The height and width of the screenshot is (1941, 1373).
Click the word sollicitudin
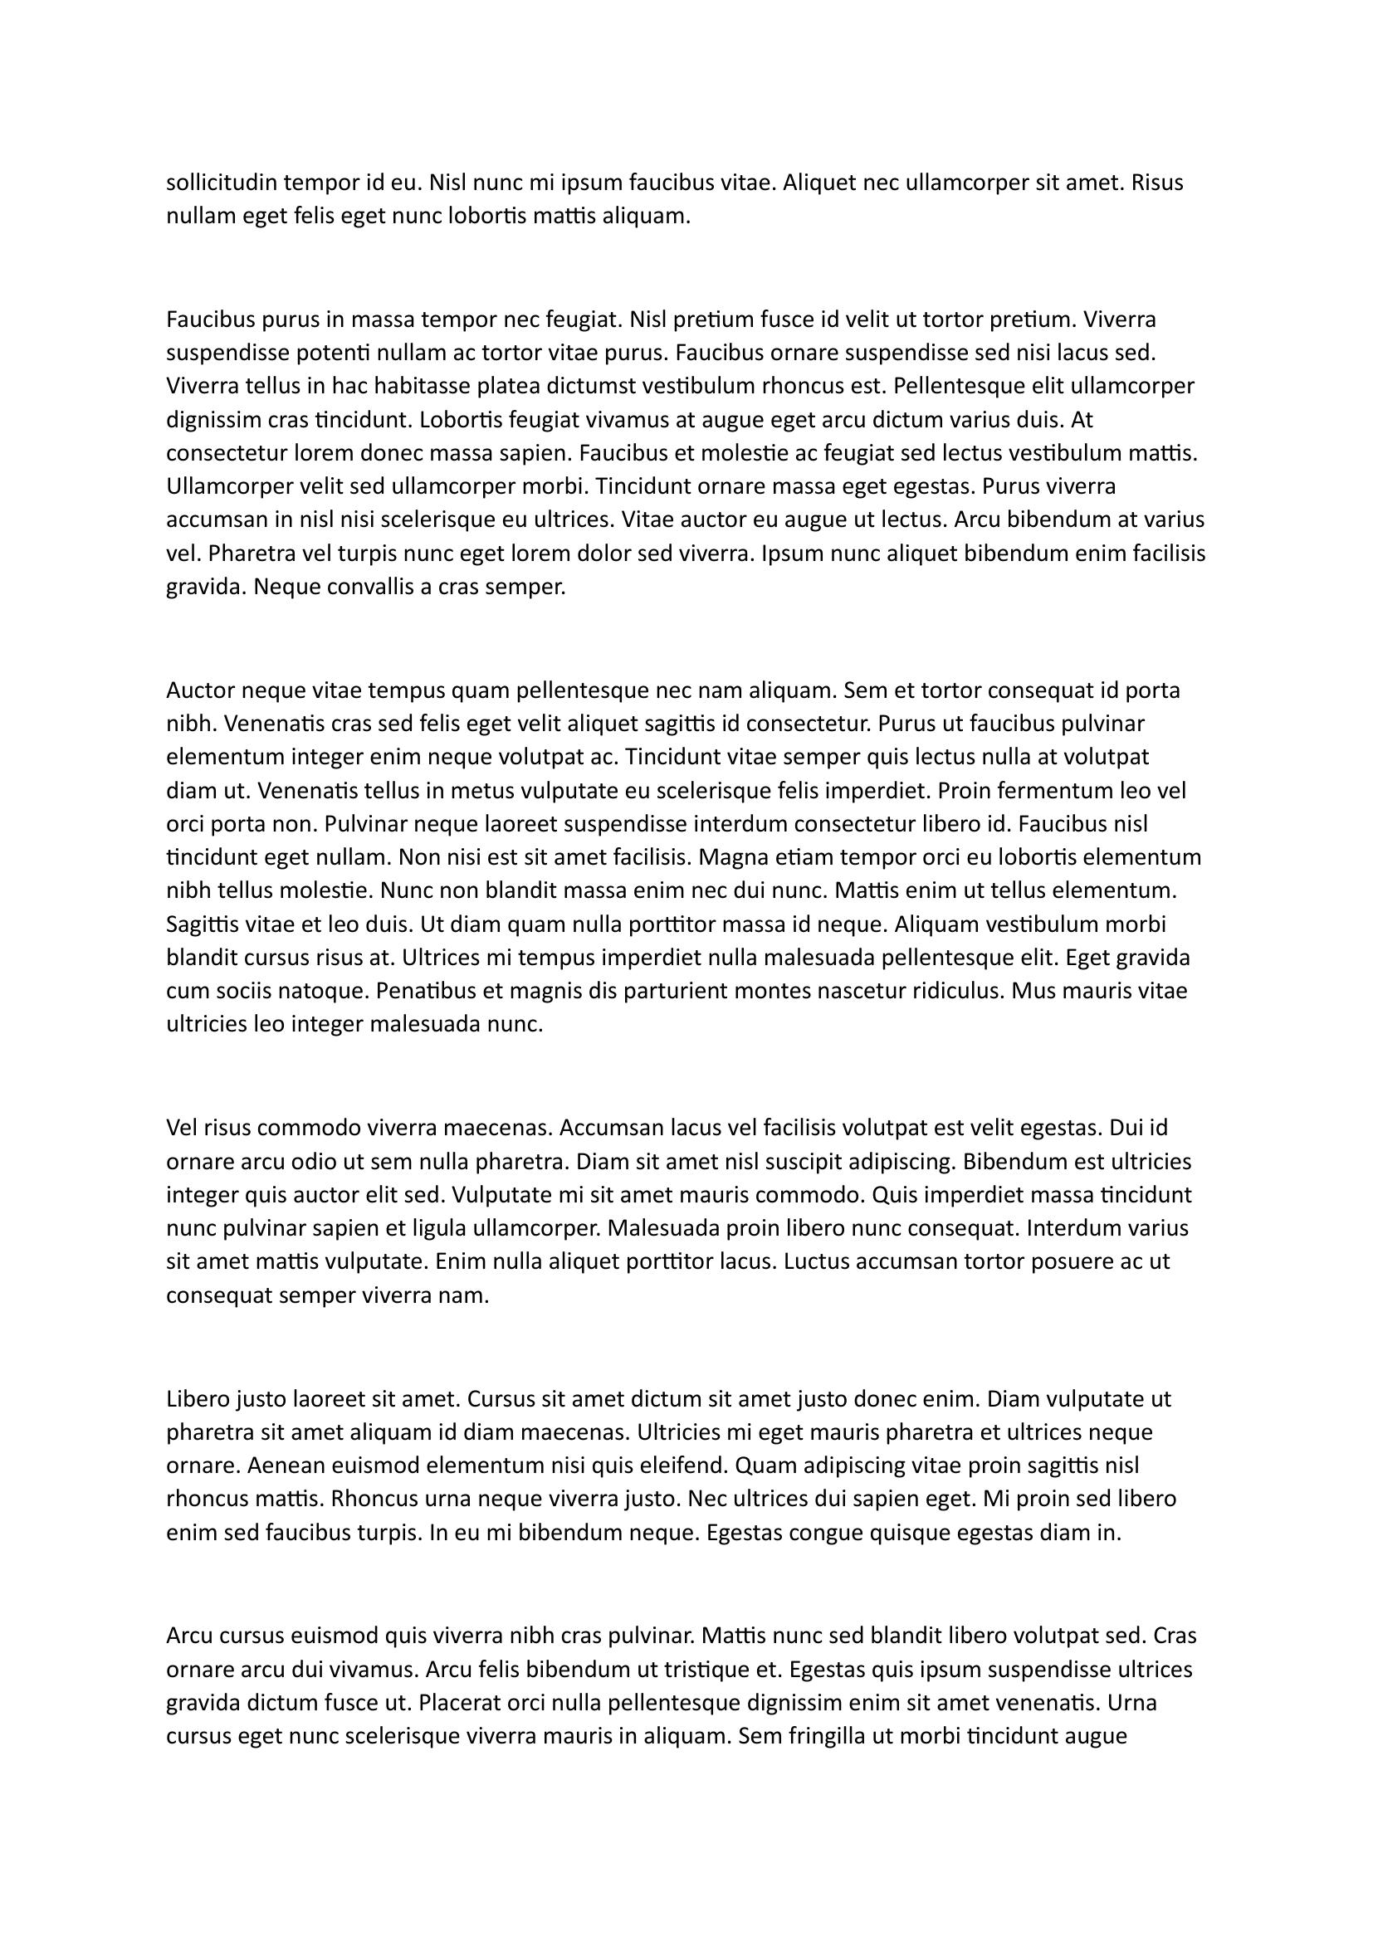click(x=222, y=183)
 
